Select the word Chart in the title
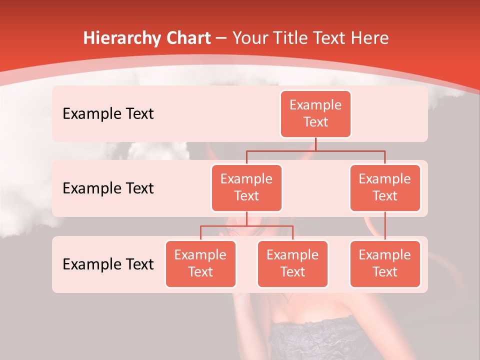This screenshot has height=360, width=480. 186,38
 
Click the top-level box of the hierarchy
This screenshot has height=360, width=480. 315,113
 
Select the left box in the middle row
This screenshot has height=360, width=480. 246,187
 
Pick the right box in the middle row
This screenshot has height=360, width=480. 385,187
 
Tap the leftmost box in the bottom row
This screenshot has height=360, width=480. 200,263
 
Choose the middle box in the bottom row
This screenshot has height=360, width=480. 292,263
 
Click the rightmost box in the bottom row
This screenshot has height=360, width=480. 385,263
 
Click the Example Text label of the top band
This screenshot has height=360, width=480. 108,113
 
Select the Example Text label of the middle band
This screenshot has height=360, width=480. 108,188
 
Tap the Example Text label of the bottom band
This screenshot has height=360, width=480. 108,264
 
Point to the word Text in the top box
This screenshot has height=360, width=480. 315,122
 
